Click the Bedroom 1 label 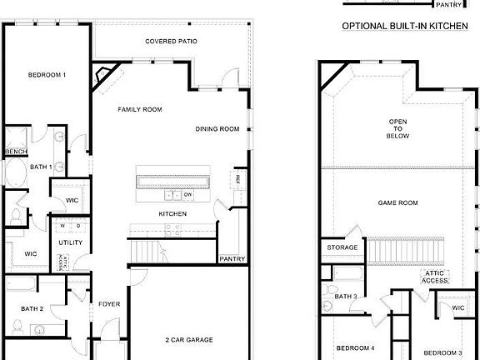[x=47, y=75]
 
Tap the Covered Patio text [x=170, y=41]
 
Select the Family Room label [x=139, y=109]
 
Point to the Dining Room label [x=217, y=128]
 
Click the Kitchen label [x=172, y=214]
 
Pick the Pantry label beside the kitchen [x=232, y=258]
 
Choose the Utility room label [x=70, y=242]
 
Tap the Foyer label [x=109, y=304]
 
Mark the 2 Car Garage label [x=188, y=340]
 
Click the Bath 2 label [x=31, y=309]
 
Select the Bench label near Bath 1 [x=16, y=151]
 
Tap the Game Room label [x=397, y=202]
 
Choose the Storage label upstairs [x=342, y=247]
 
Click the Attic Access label [x=435, y=276]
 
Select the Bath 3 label [x=346, y=296]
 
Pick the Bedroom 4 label [x=354, y=347]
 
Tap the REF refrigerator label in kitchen [x=237, y=179]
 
